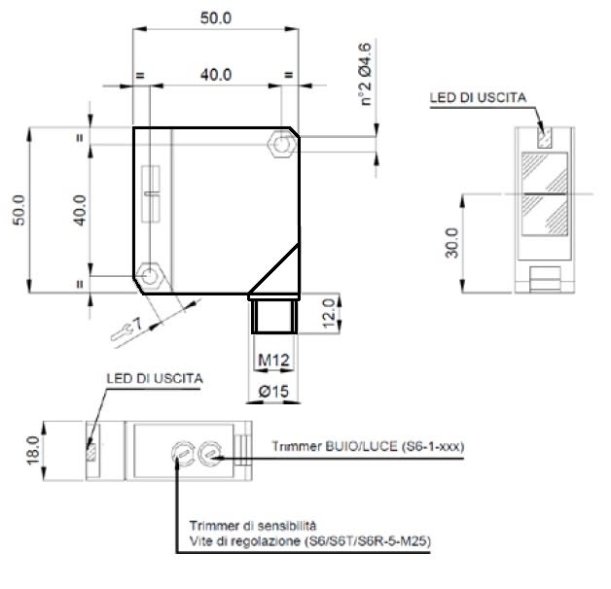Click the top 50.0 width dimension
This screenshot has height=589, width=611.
[215, 17]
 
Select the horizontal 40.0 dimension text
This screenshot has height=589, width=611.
[216, 75]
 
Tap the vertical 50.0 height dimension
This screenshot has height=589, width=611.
[18, 210]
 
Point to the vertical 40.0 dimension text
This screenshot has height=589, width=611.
[80, 210]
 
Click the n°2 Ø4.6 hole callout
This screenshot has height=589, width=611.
[365, 74]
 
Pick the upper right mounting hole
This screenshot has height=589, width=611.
[281, 145]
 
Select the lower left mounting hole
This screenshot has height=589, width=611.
[149, 276]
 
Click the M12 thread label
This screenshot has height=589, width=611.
[274, 360]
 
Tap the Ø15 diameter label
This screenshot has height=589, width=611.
[273, 391]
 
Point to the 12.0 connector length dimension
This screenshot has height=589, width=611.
[329, 313]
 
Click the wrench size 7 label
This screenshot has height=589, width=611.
[137, 324]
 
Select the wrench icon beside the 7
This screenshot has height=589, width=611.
[122, 332]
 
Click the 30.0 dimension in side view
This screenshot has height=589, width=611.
[451, 243]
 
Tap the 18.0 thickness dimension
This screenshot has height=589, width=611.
[33, 450]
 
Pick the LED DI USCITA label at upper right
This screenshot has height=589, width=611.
[478, 97]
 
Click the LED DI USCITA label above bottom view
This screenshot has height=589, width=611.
[155, 378]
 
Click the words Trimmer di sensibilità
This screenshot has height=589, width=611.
[253, 526]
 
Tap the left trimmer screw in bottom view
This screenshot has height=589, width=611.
[182, 452]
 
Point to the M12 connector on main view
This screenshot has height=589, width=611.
[274, 313]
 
